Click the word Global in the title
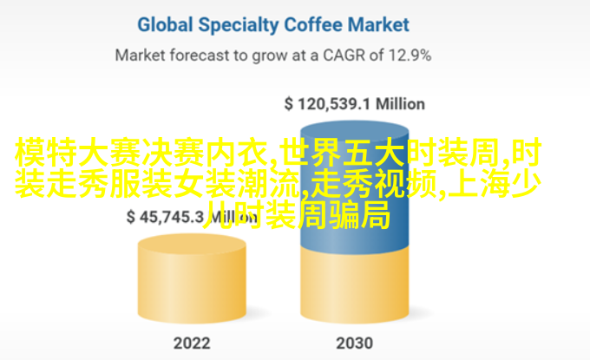coord(165,25)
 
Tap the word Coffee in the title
coord(313,25)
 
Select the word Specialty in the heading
coord(239,26)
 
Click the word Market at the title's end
coord(378,25)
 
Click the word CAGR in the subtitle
coord(344,56)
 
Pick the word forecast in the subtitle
coord(200,56)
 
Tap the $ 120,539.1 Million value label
coord(355,104)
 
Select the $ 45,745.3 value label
coord(165,217)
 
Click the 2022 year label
coord(192,343)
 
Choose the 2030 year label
coord(355,343)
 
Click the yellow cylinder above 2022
coord(192,278)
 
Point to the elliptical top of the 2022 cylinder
coord(192,245)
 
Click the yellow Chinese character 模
coord(30,153)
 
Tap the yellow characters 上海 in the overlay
coord(479,184)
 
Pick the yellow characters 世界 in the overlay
coord(312,153)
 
